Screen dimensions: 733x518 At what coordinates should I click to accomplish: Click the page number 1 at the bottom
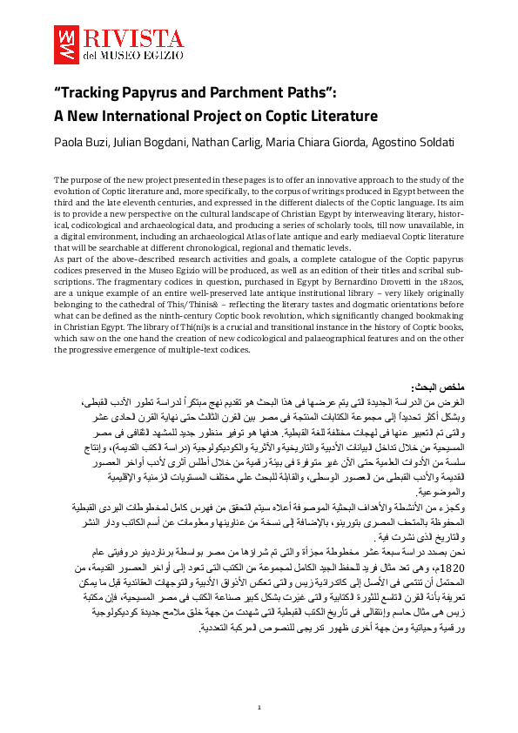coord(259,707)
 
